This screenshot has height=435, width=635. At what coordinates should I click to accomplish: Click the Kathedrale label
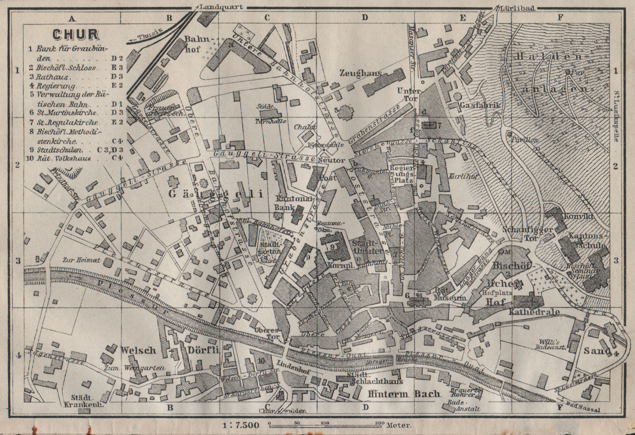coord(534,312)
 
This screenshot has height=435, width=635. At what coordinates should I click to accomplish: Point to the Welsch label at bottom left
coord(138,350)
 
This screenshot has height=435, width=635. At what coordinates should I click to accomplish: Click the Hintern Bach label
coord(404,394)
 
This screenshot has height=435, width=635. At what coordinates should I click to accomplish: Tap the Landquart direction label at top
coord(221,7)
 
